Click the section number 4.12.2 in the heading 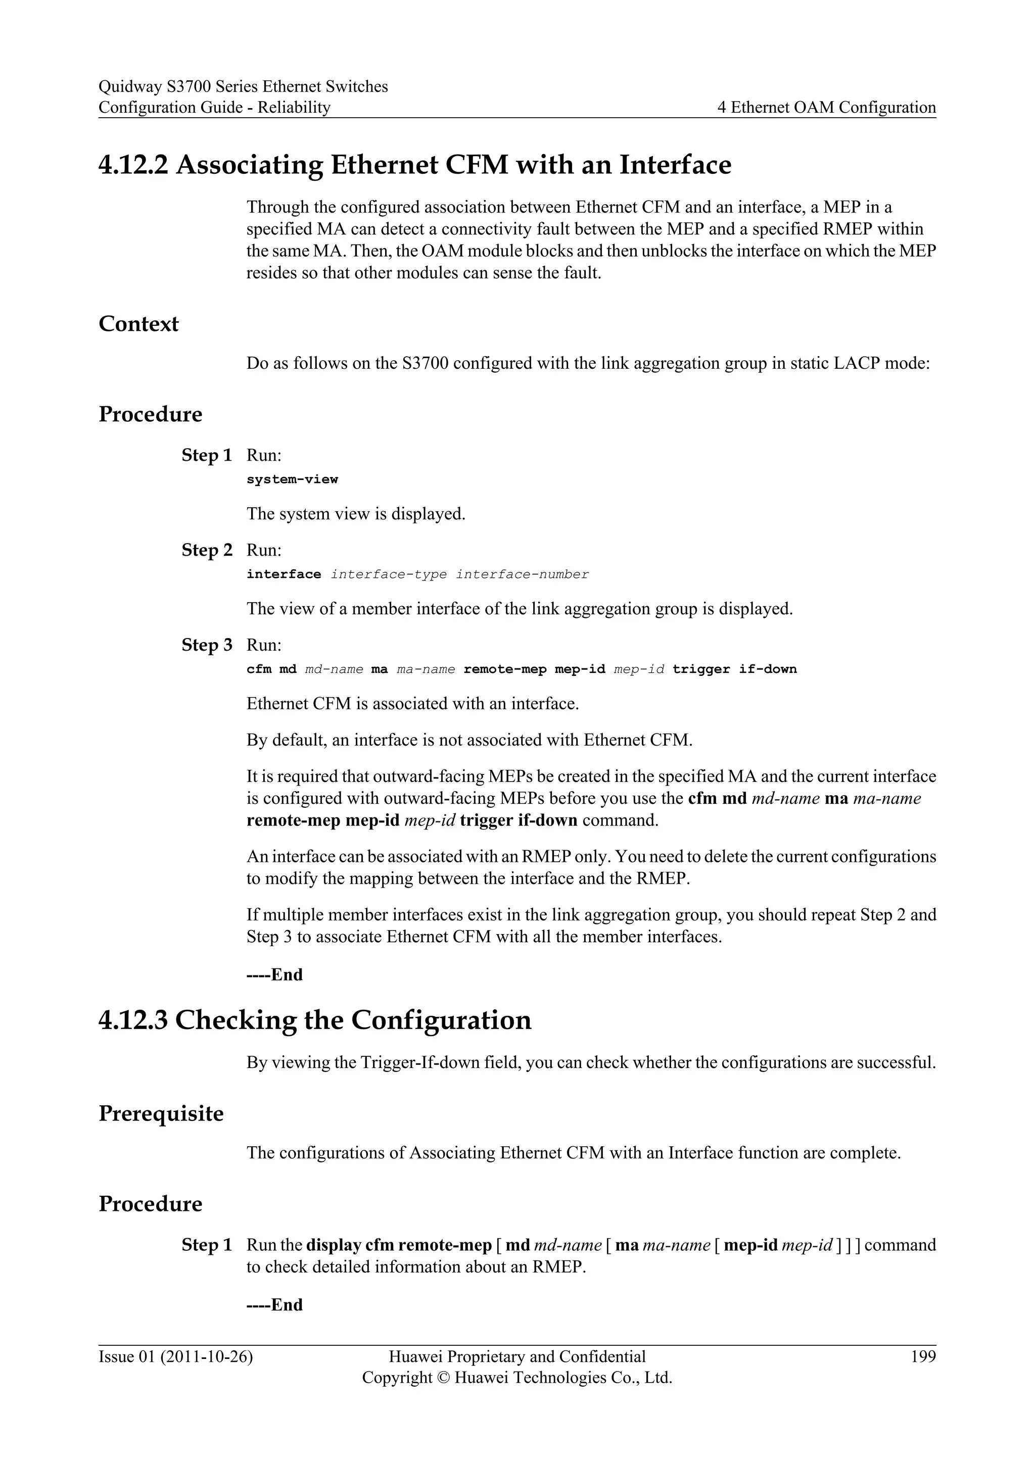133,165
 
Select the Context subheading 138,324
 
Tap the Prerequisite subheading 161,1114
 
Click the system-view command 292,479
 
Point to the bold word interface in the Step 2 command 284,574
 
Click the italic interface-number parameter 522,574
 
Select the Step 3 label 207,645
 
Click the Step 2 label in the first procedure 207,550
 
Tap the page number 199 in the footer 923,1356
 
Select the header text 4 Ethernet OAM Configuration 827,108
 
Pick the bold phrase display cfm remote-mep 399,1245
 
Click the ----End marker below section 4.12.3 275,1305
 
